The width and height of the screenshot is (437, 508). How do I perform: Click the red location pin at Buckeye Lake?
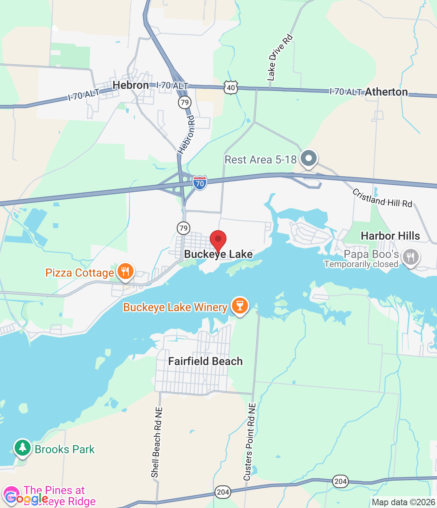[x=218, y=240]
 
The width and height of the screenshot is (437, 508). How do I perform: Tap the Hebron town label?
[x=131, y=85]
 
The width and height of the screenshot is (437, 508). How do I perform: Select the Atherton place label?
[x=386, y=92]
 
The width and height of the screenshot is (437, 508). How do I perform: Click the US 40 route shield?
[x=231, y=87]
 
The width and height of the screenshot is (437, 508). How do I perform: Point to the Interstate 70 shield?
[x=200, y=183]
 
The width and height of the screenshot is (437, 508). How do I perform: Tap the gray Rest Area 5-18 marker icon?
[x=308, y=158]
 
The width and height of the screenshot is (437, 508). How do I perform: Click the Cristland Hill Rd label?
[x=382, y=198]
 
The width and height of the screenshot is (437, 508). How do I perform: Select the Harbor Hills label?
[x=390, y=236]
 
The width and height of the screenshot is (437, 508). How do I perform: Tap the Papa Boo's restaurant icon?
[x=410, y=257]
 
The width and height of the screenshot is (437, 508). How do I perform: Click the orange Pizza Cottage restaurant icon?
[x=126, y=272]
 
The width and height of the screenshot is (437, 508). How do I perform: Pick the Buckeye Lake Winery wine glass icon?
[x=240, y=306]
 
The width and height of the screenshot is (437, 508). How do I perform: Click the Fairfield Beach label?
[x=205, y=361]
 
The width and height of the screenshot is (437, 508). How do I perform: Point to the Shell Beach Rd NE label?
[x=157, y=442]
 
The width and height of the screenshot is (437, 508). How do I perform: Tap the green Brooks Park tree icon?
[x=23, y=448]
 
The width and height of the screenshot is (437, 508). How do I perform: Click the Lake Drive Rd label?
[x=280, y=58]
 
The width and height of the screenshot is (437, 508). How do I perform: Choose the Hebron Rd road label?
[x=186, y=135]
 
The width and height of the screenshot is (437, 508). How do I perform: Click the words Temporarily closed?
[x=361, y=264]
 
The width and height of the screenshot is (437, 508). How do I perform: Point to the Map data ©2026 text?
[x=403, y=502]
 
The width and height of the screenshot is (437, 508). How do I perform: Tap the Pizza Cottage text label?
[x=79, y=273]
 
